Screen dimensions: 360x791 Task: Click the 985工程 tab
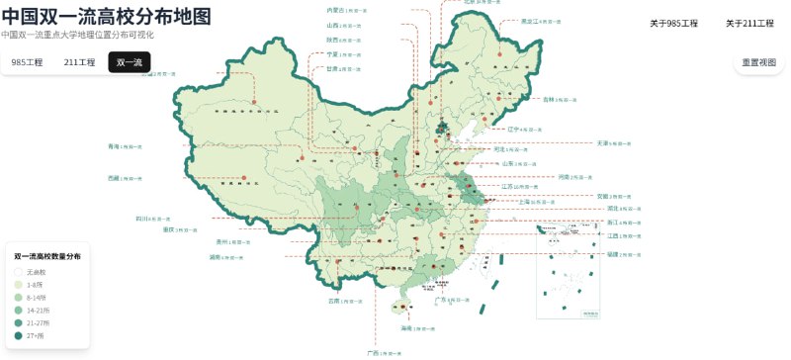(27, 62)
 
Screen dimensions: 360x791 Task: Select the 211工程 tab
(79, 62)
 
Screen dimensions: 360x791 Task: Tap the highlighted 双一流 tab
(129, 62)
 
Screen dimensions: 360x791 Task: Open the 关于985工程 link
(673, 23)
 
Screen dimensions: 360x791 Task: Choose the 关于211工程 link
(749, 23)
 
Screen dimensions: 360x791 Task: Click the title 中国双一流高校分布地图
(106, 16)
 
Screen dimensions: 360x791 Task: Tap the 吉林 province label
(549, 99)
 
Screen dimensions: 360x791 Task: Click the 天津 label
(603, 143)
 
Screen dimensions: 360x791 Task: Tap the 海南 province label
(405, 327)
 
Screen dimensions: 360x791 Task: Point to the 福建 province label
(612, 254)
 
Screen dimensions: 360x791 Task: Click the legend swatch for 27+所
(18, 336)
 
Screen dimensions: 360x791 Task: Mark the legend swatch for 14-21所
(18, 310)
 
